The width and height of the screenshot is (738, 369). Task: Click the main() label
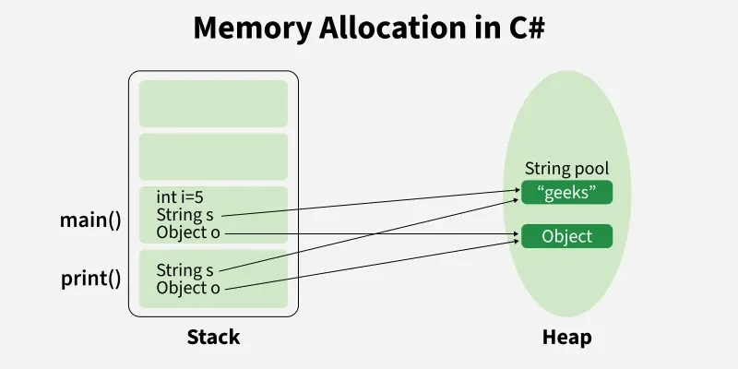(x=90, y=220)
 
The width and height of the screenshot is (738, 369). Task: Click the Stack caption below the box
(x=213, y=337)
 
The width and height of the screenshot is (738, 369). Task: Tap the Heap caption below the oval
(x=566, y=337)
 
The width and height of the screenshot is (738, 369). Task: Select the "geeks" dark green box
(x=566, y=192)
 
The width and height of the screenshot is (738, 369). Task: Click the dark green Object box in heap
(x=566, y=236)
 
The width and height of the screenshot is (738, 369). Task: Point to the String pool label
(x=566, y=169)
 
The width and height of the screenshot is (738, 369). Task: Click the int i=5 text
(x=182, y=196)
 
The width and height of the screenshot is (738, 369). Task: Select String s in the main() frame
(x=187, y=214)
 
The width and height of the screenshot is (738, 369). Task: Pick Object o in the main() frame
(x=188, y=232)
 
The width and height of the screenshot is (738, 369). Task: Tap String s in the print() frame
(x=187, y=270)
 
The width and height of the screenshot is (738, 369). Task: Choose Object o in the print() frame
(x=188, y=288)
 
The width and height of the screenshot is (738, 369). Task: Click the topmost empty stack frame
(x=213, y=103)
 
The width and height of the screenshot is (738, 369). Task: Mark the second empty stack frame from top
(x=213, y=157)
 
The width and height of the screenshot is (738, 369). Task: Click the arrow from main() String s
(x=369, y=204)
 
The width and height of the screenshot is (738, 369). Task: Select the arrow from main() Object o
(x=369, y=235)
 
